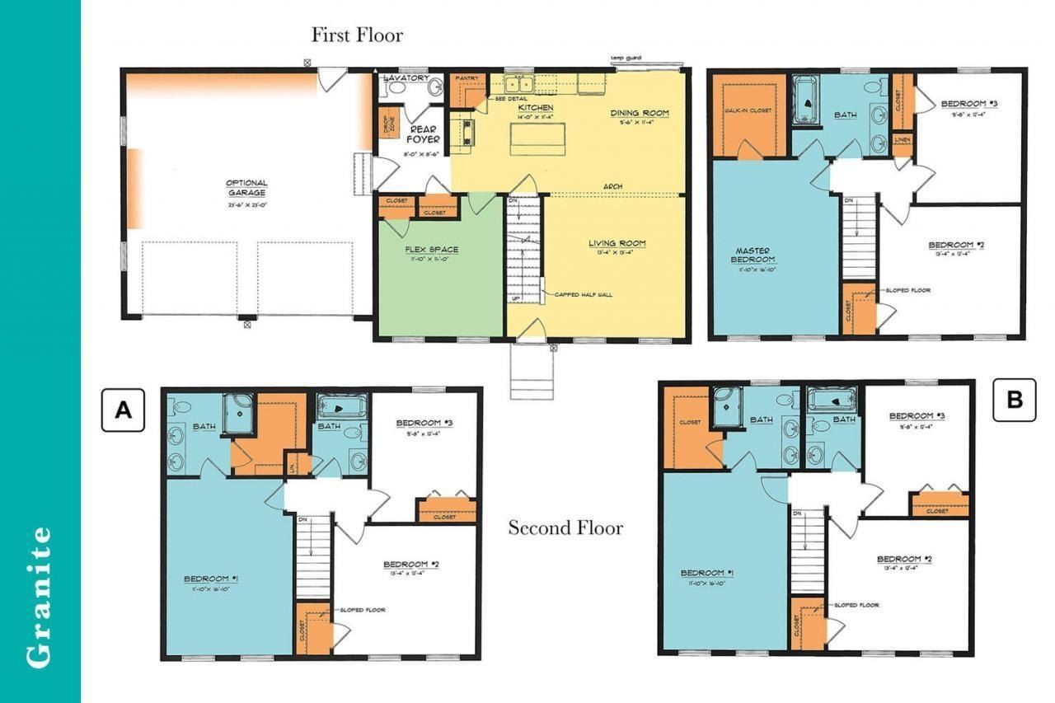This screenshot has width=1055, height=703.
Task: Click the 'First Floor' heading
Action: coord(357,35)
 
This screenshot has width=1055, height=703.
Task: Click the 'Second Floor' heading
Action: coord(565,527)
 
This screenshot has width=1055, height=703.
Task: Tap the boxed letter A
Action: coord(123,410)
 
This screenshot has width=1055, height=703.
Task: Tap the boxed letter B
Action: coord(1014,400)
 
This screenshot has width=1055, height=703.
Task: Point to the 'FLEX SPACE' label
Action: coord(431,250)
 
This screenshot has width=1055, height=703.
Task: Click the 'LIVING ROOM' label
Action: coord(617,243)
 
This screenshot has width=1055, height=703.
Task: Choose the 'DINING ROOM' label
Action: coord(640,113)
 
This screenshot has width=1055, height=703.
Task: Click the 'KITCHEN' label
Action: coord(536,108)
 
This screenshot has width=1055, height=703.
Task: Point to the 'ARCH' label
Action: coord(612,186)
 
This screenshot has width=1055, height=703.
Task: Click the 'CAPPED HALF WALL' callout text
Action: coord(583,294)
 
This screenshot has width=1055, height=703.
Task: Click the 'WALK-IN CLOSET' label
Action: coord(748,110)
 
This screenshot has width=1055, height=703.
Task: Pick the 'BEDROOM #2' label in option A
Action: coord(410,565)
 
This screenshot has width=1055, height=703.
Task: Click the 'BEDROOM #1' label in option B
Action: coord(707,573)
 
